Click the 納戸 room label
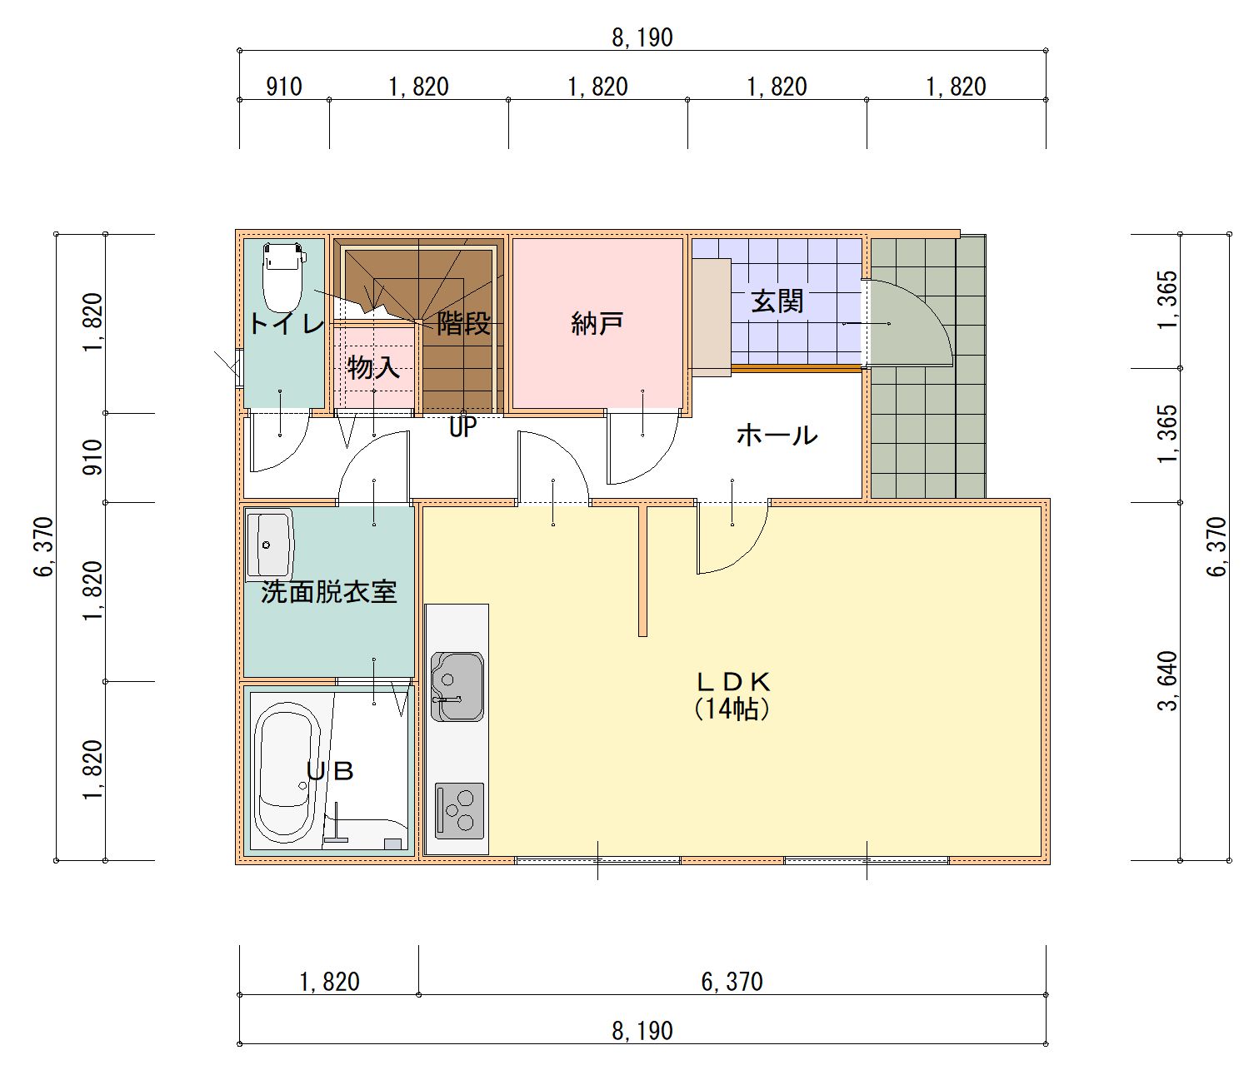(597, 323)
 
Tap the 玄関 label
(777, 301)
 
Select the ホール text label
(777, 435)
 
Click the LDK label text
(732, 682)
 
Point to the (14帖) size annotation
(731, 709)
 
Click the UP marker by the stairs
(462, 427)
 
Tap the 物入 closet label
(373, 366)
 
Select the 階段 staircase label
(463, 323)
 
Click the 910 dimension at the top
(283, 87)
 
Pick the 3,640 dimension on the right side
(1168, 681)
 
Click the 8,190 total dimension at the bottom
(642, 1031)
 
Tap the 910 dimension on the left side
(93, 457)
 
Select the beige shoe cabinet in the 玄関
(711, 317)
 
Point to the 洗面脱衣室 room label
(328, 592)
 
